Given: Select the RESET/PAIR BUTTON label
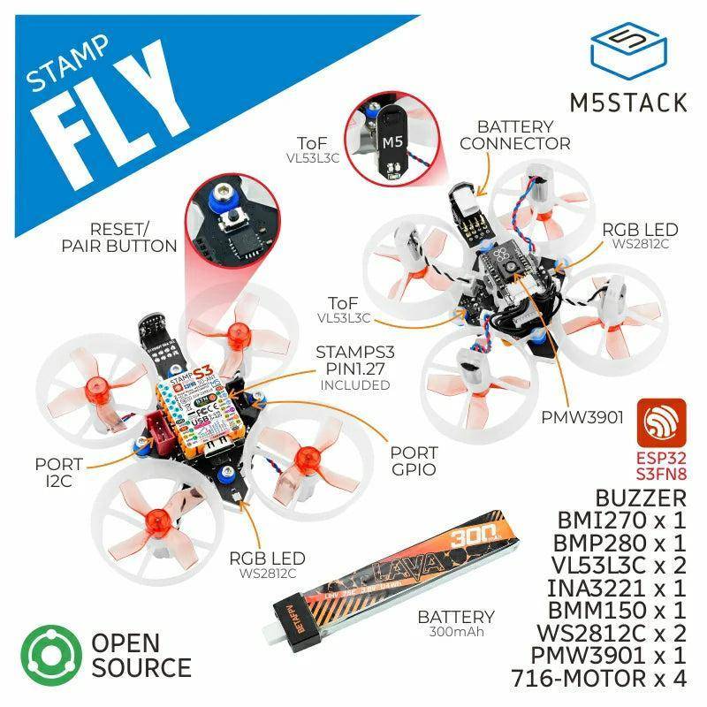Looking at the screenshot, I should (x=119, y=237).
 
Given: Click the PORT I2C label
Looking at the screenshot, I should (x=59, y=472).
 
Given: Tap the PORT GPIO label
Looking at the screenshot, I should (x=414, y=460).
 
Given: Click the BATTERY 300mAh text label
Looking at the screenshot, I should (x=457, y=624).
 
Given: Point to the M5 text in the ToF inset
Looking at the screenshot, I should (x=390, y=141).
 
